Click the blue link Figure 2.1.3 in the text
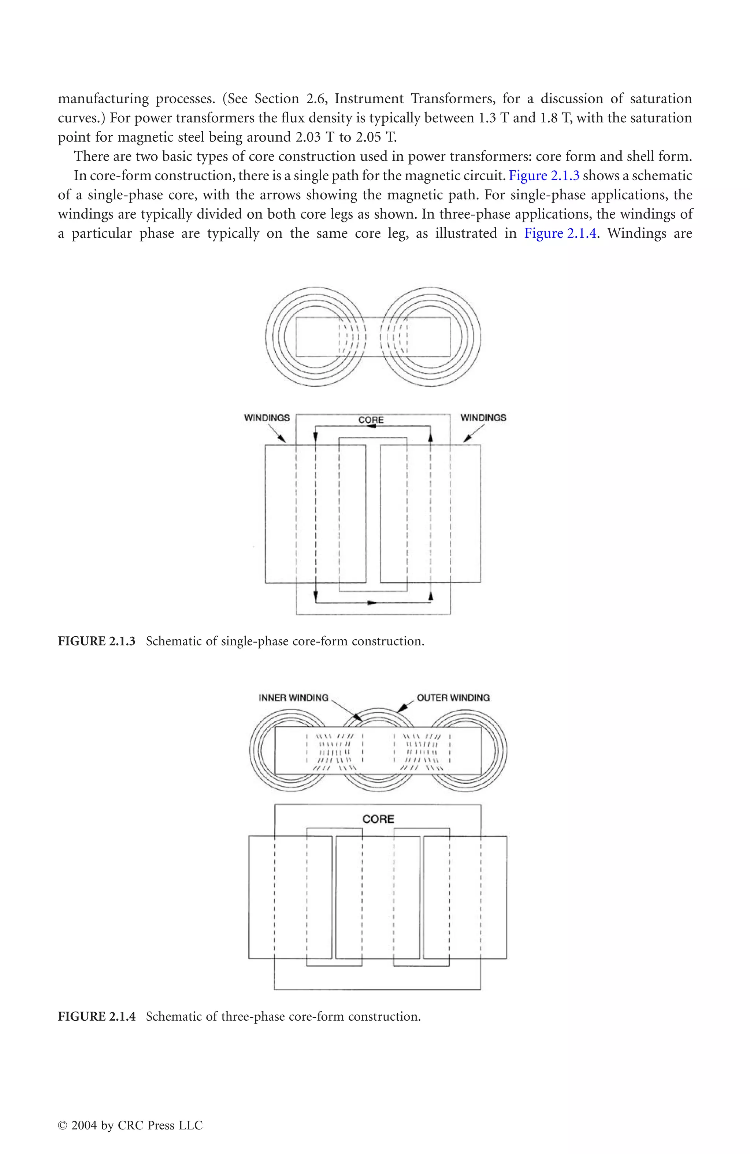544,175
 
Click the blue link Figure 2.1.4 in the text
560,234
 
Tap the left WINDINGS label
267,418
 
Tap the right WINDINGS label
483,418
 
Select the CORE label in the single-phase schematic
371,420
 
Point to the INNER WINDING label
293,698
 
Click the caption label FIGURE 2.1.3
96,641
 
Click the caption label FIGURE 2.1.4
96,1016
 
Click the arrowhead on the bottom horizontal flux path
372,603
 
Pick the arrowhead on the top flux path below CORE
372,426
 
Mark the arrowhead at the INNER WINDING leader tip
357,718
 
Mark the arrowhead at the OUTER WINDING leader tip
401,710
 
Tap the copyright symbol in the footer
62,1126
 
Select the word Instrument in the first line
368,99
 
